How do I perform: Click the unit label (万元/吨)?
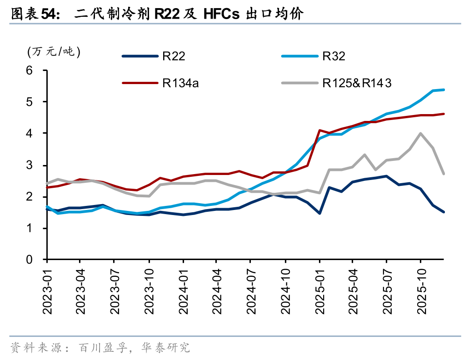click(x=54, y=51)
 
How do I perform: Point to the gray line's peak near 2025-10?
click(x=420, y=134)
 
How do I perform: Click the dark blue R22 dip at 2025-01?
click(x=319, y=213)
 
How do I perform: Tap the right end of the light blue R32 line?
click(x=444, y=90)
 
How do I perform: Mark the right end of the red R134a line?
click(x=444, y=114)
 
